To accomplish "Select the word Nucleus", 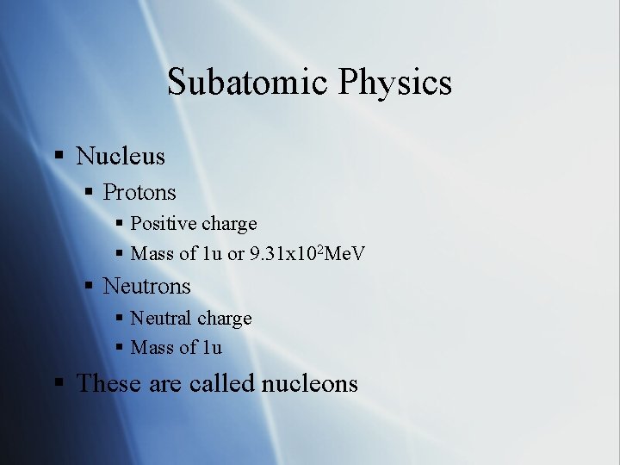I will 121,156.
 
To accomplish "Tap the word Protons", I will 139,192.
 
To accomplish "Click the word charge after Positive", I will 228,225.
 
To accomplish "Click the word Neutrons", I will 146,285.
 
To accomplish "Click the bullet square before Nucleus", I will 59,157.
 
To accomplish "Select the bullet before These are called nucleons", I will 59,384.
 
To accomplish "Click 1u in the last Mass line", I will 212,348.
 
